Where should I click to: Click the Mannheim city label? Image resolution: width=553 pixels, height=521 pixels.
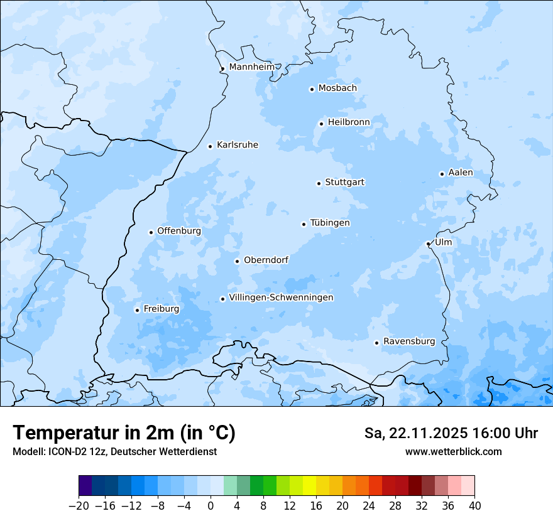tap(251, 67)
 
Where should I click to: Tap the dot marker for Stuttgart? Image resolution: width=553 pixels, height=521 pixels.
tap(319, 183)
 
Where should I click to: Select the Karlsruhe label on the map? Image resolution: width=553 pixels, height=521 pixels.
tap(237, 145)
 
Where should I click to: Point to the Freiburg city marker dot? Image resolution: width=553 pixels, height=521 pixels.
tap(137, 310)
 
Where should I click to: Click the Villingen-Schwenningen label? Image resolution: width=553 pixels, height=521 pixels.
tap(281, 298)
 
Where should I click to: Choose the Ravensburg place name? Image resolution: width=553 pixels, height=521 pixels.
tap(408, 341)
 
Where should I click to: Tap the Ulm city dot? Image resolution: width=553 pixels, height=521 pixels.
tap(428, 244)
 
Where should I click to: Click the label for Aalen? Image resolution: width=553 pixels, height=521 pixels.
tap(461, 173)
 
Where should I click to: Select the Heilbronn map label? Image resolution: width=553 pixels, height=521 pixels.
tap(349, 122)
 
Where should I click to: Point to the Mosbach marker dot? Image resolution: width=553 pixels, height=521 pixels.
tap(312, 89)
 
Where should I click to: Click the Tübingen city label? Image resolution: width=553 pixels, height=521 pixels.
tap(330, 223)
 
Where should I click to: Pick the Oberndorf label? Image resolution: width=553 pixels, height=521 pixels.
tap(266, 260)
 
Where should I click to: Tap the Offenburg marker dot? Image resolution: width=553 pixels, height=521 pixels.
tap(151, 232)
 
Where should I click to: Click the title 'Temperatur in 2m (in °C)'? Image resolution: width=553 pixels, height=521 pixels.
tap(124, 433)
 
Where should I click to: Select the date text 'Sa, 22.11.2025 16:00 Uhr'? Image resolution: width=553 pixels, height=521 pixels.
tap(451, 433)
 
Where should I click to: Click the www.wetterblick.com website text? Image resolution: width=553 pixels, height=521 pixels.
tap(453, 451)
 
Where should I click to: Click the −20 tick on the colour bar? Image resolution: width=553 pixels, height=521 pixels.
tap(79, 506)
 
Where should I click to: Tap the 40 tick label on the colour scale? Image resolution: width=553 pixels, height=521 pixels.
tap(474, 506)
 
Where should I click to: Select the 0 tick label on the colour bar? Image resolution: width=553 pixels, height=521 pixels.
tap(211, 506)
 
